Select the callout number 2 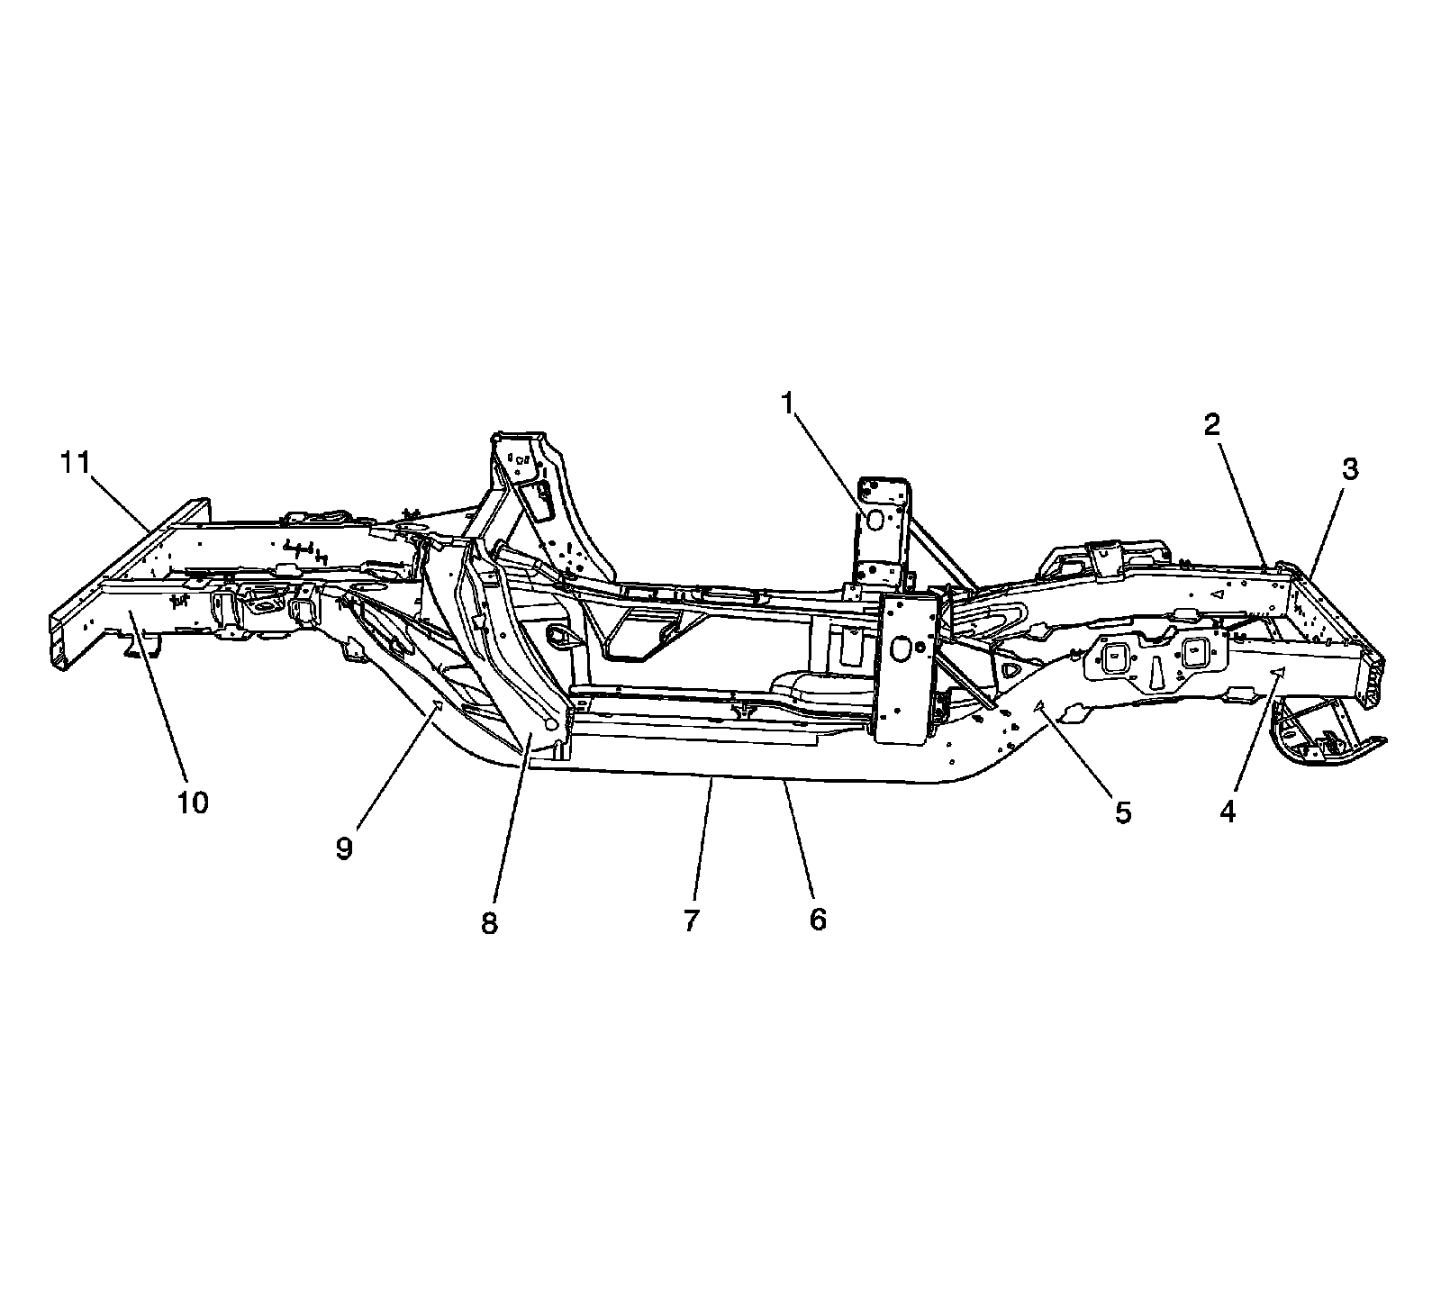[1212, 425]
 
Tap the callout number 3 [1349, 468]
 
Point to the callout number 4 [1228, 811]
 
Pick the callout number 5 [1122, 812]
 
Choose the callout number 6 [817, 920]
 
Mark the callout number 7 [691, 921]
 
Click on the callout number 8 [489, 924]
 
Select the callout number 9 [344, 848]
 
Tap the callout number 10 [193, 802]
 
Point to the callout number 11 [77, 463]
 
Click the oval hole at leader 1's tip [873, 520]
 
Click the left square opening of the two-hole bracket [1114, 657]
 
